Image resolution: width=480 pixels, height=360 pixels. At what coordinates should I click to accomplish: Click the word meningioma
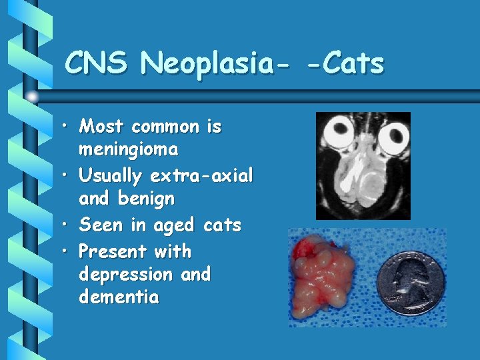tap(128, 149)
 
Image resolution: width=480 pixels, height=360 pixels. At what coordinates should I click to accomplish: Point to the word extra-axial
tap(202, 176)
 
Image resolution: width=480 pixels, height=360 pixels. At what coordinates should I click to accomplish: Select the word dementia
tap(119, 297)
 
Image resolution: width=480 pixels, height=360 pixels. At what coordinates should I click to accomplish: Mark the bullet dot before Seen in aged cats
tap(67, 226)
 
